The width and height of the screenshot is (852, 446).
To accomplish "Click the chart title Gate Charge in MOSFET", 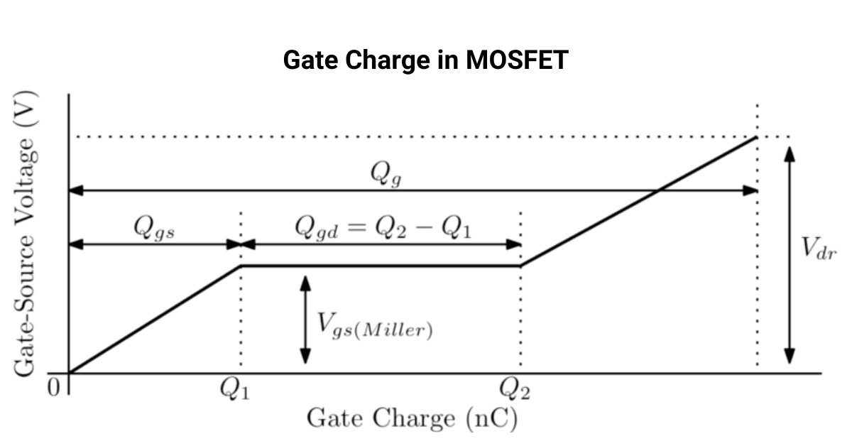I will coord(425,60).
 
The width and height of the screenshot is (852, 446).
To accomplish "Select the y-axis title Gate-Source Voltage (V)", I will coord(26,234).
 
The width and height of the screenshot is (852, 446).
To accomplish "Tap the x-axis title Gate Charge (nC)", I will coord(412,418).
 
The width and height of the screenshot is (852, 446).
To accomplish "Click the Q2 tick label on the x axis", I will coord(514,390).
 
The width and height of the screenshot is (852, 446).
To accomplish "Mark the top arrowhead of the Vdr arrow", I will coord(789,151).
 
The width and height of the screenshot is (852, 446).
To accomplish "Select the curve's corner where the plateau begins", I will coord(241,266).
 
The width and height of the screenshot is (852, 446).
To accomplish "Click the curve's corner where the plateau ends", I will coord(520,266).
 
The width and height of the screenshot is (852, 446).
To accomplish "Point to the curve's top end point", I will coord(757,136).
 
